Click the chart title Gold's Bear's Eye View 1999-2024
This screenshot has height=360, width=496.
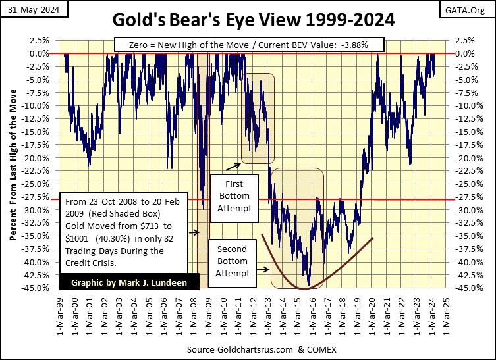point(248,20)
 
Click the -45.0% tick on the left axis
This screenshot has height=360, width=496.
point(38,288)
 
